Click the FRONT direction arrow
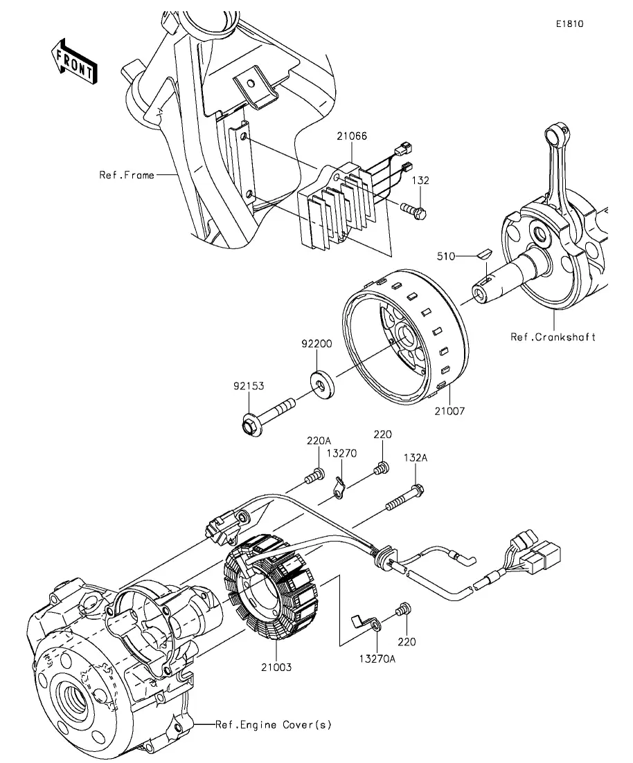pyautogui.click(x=74, y=62)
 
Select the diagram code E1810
pyautogui.click(x=570, y=24)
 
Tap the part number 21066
pyautogui.click(x=351, y=136)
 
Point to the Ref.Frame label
pyautogui.click(x=127, y=175)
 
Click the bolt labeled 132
pyautogui.click(x=413, y=211)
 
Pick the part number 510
pyautogui.click(x=446, y=257)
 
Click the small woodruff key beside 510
pyautogui.click(x=485, y=253)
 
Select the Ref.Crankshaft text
pyautogui.click(x=553, y=337)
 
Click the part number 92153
pyautogui.click(x=249, y=386)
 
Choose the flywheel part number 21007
pyautogui.click(x=449, y=411)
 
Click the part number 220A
pyautogui.click(x=319, y=441)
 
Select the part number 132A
pyautogui.click(x=415, y=458)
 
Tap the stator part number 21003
pyautogui.click(x=276, y=667)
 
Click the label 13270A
pyautogui.click(x=377, y=659)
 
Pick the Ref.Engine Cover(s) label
pyautogui.click(x=274, y=724)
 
